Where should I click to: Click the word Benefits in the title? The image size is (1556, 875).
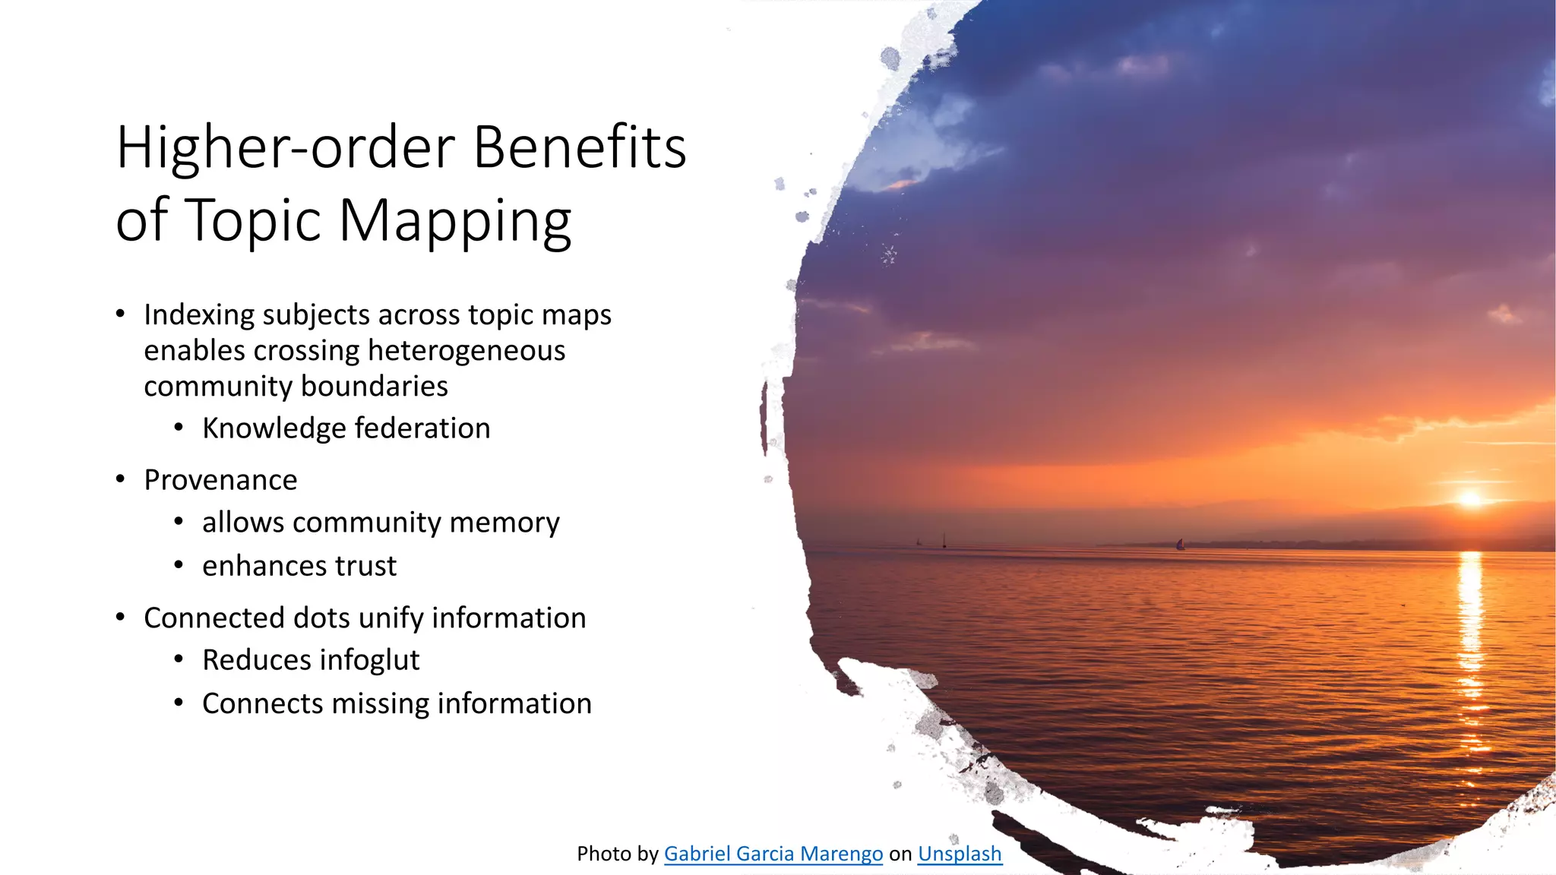[x=580, y=147]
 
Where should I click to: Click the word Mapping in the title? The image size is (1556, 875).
[x=454, y=222]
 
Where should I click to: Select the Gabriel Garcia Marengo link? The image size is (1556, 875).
[x=773, y=854]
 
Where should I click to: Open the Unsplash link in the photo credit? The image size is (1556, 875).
[x=960, y=854]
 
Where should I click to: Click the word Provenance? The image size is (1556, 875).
[x=220, y=480]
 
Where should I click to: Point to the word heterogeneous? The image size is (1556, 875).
[x=466, y=351]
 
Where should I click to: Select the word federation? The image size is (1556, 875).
[x=422, y=428]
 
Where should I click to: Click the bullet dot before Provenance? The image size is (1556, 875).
[x=120, y=479]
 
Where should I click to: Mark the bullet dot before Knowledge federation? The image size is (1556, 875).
[x=179, y=428]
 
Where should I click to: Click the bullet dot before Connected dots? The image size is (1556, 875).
[x=120, y=618]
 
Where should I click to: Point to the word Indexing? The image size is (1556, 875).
[x=198, y=315]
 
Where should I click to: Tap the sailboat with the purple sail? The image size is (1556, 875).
[x=1180, y=544]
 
